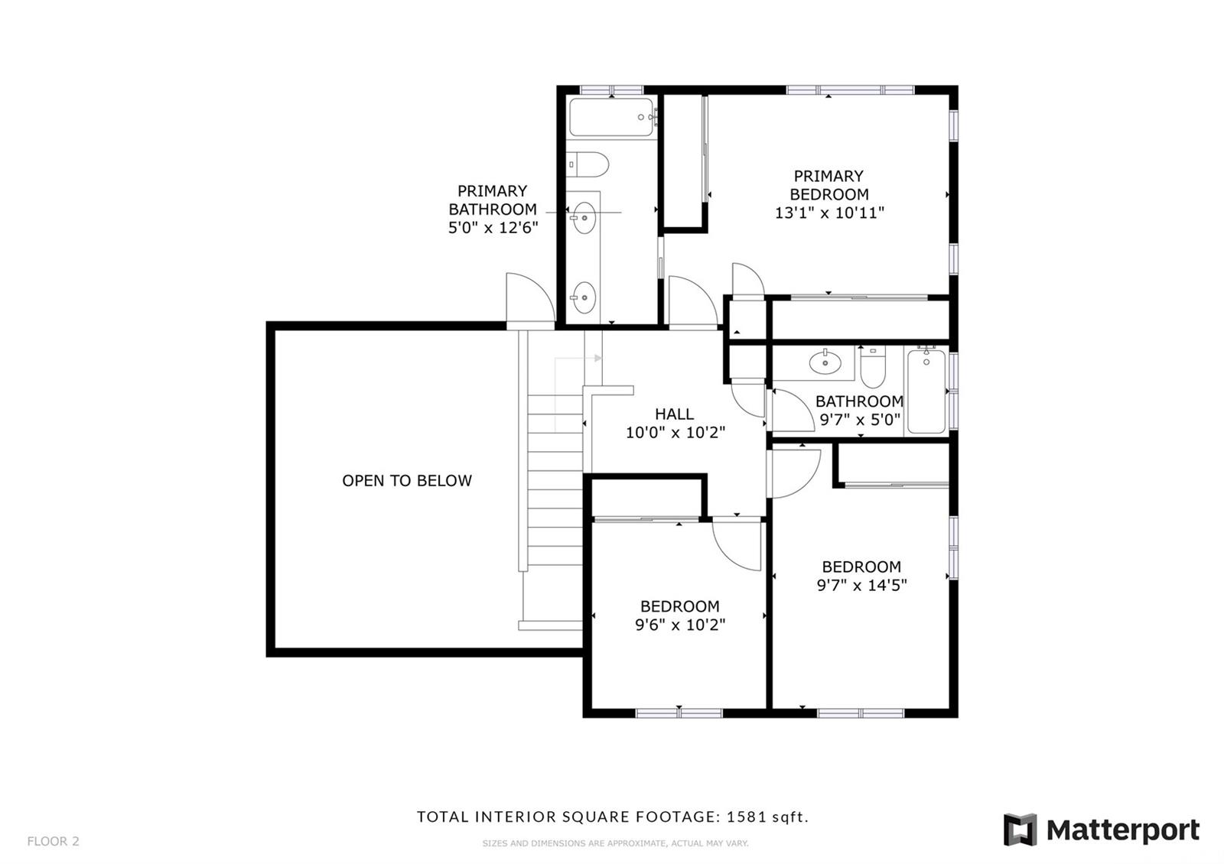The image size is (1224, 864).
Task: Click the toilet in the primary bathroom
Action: tap(588, 164)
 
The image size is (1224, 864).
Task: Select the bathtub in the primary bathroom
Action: tap(611, 117)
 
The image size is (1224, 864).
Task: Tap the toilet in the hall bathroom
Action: tap(873, 367)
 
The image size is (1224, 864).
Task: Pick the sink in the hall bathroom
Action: tap(825, 362)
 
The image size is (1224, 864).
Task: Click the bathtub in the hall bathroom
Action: tap(926, 391)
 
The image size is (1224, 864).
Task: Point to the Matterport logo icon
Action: tap(1020, 830)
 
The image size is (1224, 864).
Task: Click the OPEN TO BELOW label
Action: tap(406, 481)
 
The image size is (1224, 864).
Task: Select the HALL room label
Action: tap(674, 414)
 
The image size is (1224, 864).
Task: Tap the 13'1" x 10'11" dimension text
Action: tap(829, 213)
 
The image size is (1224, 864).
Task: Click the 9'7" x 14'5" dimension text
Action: tap(861, 586)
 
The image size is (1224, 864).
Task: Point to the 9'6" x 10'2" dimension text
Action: tap(680, 625)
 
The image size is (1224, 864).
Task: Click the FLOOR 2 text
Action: tap(53, 841)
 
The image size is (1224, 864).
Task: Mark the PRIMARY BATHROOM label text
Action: tap(493, 200)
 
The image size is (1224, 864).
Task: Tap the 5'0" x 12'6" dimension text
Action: tap(493, 227)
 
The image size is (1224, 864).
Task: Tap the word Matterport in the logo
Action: tap(1123, 830)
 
